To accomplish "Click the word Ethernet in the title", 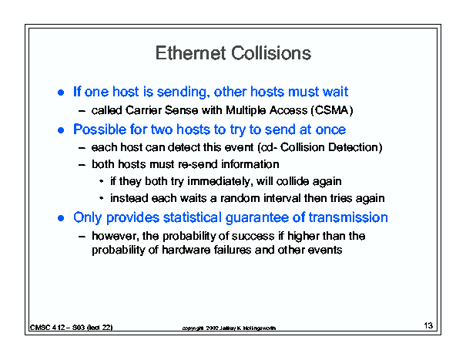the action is coord(190,53).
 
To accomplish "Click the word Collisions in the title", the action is coord(271,53).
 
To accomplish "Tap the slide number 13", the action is coord(428,325).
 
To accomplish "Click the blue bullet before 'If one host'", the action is coord(61,93).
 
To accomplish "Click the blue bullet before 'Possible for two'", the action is coord(61,130).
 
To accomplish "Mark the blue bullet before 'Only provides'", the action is coord(61,218).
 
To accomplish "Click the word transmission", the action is coord(348,217).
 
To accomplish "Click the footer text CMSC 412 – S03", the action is coord(57,328).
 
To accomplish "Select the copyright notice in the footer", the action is coord(229,328).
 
